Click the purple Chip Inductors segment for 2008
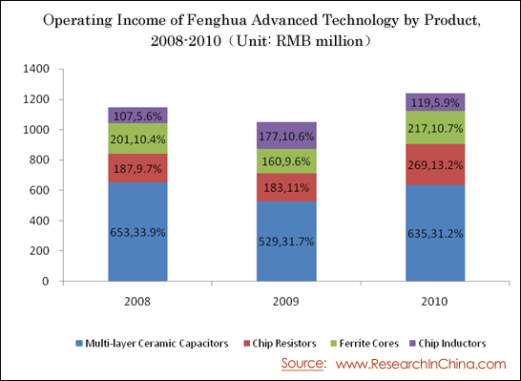(138, 116)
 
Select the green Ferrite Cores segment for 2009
(286, 161)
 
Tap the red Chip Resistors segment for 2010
(435, 164)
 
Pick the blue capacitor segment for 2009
(286, 241)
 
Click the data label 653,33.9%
(138, 232)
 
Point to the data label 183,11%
(286, 188)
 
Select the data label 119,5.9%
(435, 103)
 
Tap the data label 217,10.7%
(435, 128)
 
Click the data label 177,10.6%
(286, 137)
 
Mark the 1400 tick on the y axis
(36, 69)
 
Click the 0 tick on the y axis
(46, 282)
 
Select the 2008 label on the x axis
(137, 302)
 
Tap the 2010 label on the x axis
(434, 302)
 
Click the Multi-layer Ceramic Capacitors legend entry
(152, 343)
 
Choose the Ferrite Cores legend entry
(365, 343)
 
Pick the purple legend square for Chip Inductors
(412, 343)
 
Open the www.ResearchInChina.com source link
(421, 364)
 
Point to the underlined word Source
(302, 364)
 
